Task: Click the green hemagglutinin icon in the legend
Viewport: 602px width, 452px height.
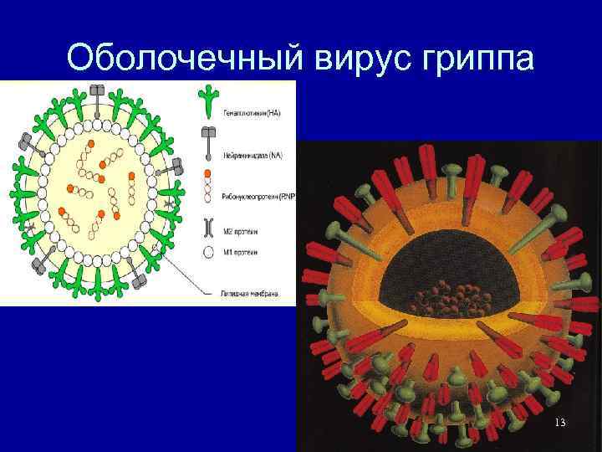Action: coord(207,101)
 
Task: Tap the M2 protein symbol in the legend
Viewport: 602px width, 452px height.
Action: coord(207,226)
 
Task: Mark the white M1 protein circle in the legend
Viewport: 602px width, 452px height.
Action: coord(207,251)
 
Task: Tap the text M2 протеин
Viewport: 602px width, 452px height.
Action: coord(243,227)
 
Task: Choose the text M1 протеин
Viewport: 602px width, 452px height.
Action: coord(243,252)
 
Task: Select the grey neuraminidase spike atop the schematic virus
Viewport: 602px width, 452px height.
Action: coord(98,95)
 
